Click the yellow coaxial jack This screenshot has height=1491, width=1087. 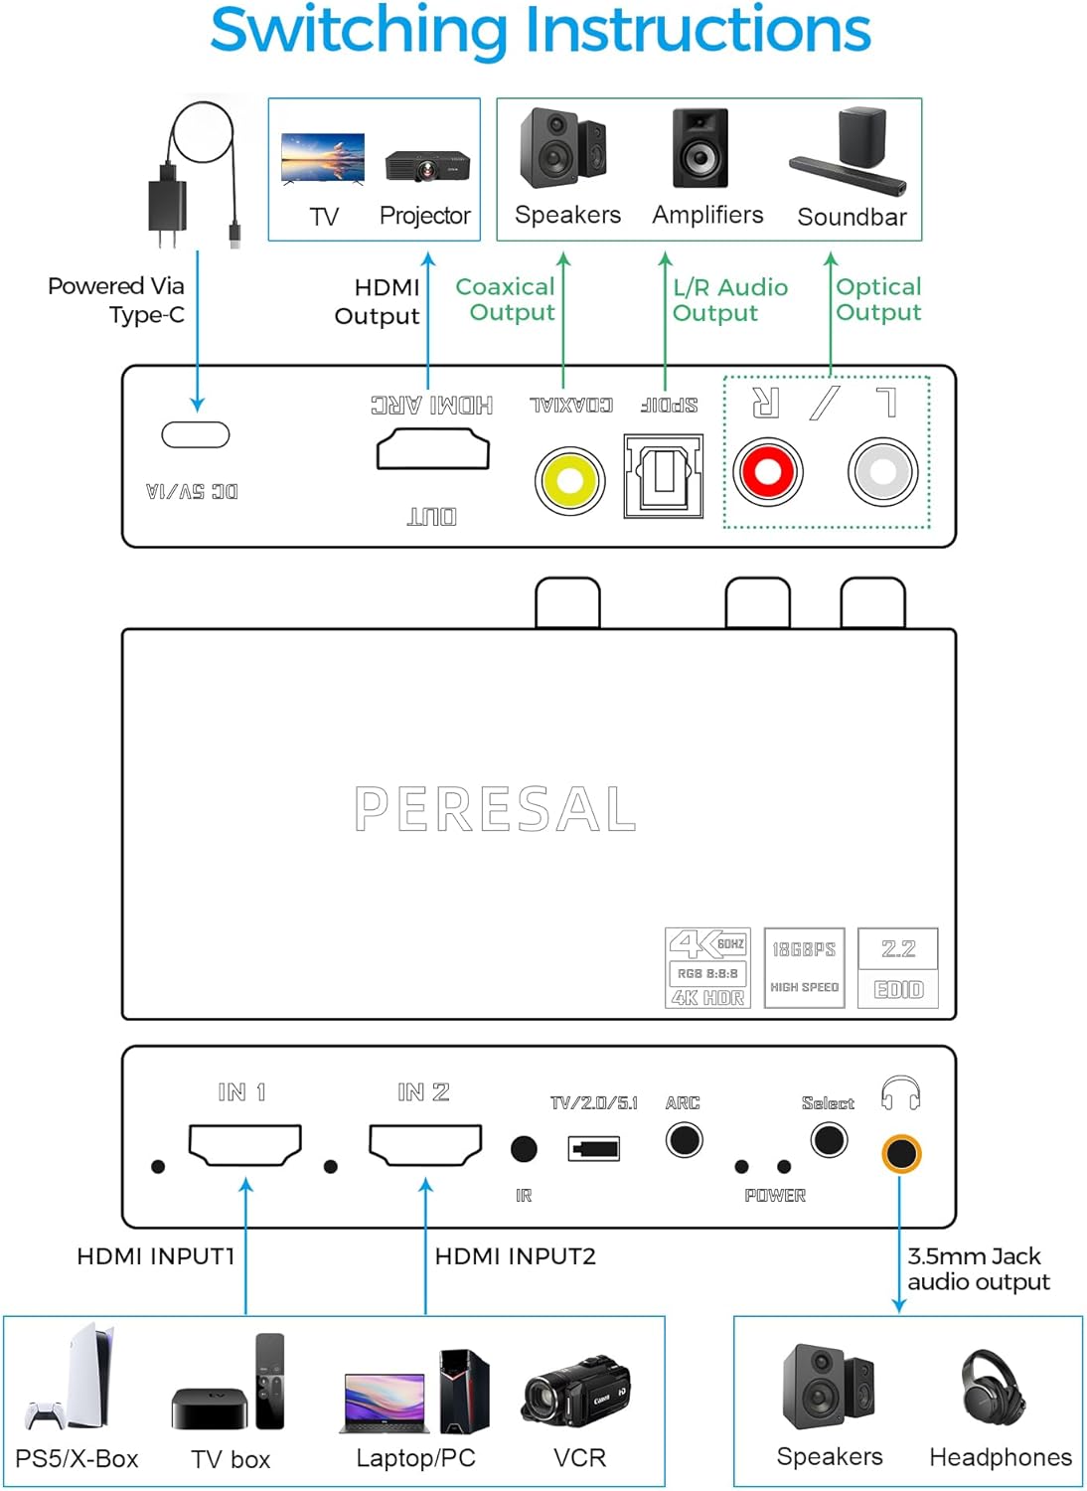[x=569, y=480]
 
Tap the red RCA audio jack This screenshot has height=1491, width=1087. [x=767, y=471]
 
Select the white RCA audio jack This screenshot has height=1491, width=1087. [x=882, y=471]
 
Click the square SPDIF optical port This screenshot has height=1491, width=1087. [x=663, y=476]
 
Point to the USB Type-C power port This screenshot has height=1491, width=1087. [x=196, y=434]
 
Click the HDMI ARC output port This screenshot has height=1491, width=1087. [x=432, y=449]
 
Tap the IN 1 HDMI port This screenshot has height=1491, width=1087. [x=244, y=1144]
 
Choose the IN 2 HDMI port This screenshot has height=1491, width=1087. [x=425, y=1144]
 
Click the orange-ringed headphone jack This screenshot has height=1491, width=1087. [x=900, y=1154]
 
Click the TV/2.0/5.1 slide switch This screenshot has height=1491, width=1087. [x=594, y=1149]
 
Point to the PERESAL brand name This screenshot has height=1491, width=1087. [x=495, y=808]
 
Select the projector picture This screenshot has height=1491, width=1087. [x=427, y=165]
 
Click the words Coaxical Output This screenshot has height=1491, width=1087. [x=506, y=299]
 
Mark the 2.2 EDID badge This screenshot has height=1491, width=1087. [x=898, y=968]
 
